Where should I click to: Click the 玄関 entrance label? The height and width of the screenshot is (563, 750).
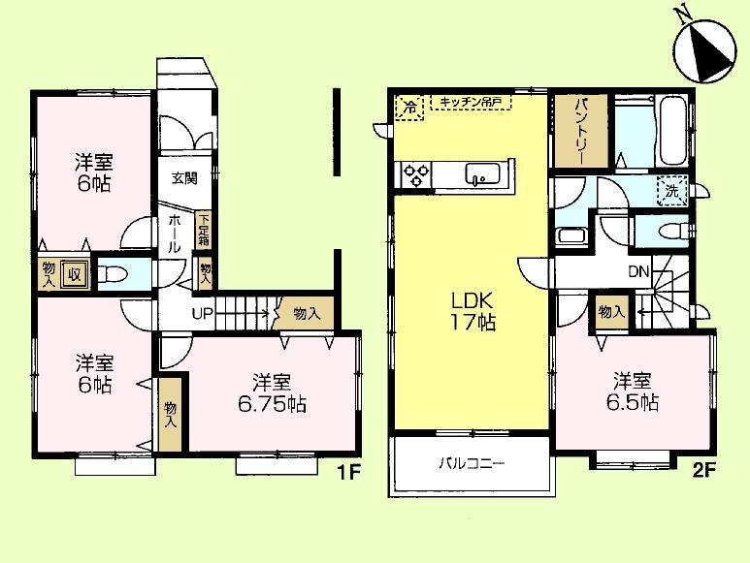pyautogui.click(x=184, y=178)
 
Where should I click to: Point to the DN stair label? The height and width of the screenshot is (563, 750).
pyautogui.click(x=638, y=272)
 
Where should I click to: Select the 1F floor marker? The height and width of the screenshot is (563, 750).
pyautogui.click(x=349, y=476)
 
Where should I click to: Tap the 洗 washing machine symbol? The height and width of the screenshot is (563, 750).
pyautogui.click(x=671, y=192)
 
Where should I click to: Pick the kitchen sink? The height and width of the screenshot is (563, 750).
pyautogui.click(x=481, y=175)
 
